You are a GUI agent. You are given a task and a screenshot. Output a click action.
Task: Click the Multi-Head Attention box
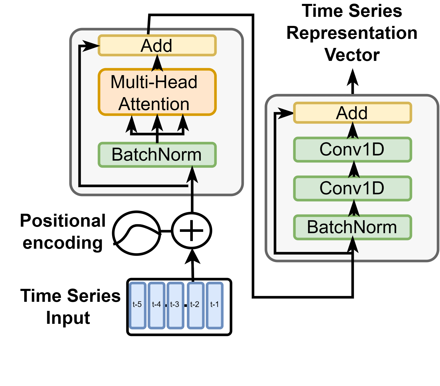tap(157, 92)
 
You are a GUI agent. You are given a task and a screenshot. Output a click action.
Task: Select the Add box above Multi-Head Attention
tap(157, 46)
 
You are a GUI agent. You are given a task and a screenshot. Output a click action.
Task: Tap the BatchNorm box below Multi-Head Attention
tap(157, 155)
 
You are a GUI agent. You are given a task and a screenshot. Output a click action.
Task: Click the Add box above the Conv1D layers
tap(353, 113)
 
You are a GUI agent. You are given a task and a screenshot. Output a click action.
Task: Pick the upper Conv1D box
tap(353, 149)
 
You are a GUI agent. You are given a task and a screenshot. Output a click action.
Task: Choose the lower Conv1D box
tap(353, 188)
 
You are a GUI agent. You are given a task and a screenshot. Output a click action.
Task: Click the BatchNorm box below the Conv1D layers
tap(353, 227)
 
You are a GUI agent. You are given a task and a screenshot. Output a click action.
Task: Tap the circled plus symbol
tap(192, 231)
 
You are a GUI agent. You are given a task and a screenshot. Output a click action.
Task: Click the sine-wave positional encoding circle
tap(137, 233)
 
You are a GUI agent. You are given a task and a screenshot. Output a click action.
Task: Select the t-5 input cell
tap(137, 305)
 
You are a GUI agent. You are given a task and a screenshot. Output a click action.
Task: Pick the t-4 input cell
tap(156, 305)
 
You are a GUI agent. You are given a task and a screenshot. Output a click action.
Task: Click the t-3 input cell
tap(175, 305)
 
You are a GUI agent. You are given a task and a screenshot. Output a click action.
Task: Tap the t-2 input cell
tap(195, 305)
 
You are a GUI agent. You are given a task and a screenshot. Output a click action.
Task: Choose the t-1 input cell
tap(215, 305)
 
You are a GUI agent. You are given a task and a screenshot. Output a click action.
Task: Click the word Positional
tap(63, 220)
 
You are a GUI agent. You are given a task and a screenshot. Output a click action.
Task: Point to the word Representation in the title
tap(352, 33)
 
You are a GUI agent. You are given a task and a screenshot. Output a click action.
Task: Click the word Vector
tap(352, 55)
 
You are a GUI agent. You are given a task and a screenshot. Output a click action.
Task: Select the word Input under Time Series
tap(68, 318)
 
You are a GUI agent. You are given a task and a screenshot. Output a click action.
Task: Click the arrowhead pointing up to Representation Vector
tap(353, 77)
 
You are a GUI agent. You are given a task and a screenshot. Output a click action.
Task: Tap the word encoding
tap(63, 243)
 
